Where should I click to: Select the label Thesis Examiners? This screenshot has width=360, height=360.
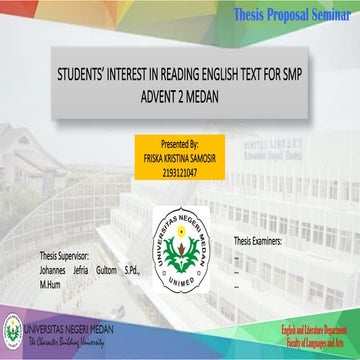[x=258, y=214]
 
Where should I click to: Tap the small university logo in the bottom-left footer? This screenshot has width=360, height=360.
[x=13, y=326]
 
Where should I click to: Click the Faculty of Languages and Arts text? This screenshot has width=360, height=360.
[x=314, y=340]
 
